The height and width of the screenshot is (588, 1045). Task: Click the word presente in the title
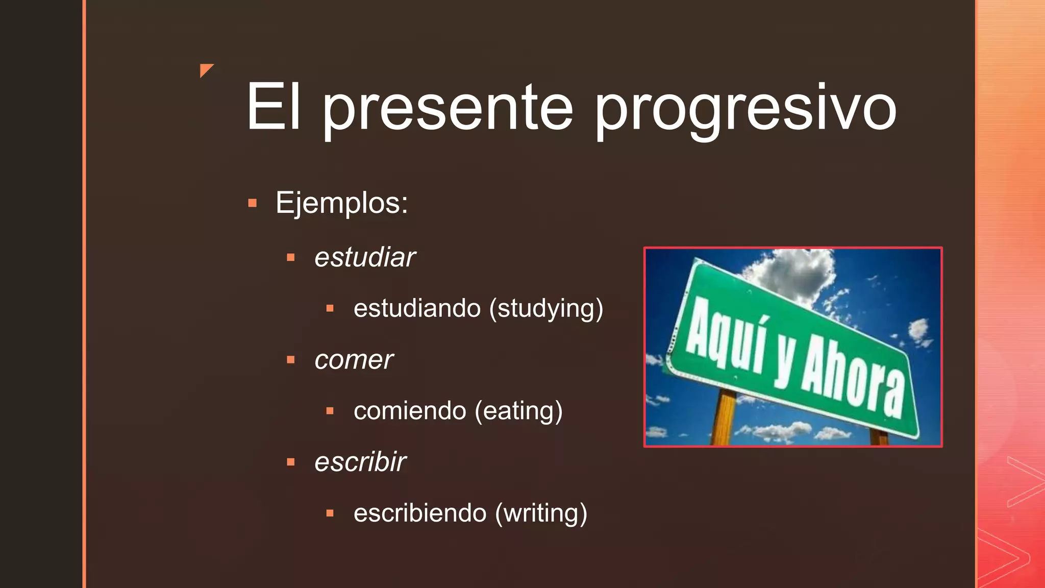click(448, 108)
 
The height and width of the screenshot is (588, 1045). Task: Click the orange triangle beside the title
click(206, 69)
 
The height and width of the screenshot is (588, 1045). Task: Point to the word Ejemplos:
click(342, 203)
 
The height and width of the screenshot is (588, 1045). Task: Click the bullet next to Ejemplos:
click(252, 204)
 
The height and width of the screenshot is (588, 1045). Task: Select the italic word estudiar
click(365, 257)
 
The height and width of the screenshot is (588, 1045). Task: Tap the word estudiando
click(417, 308)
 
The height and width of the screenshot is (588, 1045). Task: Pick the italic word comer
click(354, 360)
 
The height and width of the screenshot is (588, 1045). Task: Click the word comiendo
click(410, 411)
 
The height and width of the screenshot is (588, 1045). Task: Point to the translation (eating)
click(518, 411)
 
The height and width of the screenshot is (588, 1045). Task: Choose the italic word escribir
click(360, 462)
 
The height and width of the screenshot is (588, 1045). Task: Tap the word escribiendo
click(420, 513)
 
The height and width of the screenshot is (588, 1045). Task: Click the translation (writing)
click(541, 513)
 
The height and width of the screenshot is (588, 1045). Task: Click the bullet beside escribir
click(291, 462)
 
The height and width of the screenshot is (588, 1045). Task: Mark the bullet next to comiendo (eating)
click(330, 411)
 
